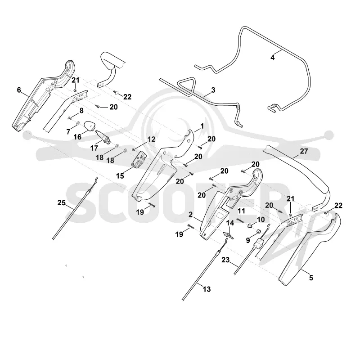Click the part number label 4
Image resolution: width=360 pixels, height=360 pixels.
pyautogui.click(x=273, y=58)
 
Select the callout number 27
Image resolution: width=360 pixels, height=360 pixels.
pyautogui.click(x=304, y=151)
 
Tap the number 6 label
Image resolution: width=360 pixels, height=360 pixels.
pyautogui.click(x=19, y=90)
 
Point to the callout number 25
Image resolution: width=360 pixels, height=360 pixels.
pyautogui.click(x=62, y=203)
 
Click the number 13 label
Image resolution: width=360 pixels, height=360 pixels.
pyautogui.click(x=207, y=289)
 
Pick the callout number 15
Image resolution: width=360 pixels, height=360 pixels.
pyautogui.click(x=120, y=176)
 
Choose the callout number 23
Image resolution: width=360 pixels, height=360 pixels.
pyautogui.click(x=225, y=260)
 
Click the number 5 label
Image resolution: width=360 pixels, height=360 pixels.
pyautogui.click(x=311, y=278)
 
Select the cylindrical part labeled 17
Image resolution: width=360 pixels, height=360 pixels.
pyautogui.click(x=103, y=137)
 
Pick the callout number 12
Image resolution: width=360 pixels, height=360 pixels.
pyautogui.click(x=151, y=139)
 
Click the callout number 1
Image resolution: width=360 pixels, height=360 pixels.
pyautogui.click(x=202, y=126)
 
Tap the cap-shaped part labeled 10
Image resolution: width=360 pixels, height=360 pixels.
pyautogui.click(x=249, y=226)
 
